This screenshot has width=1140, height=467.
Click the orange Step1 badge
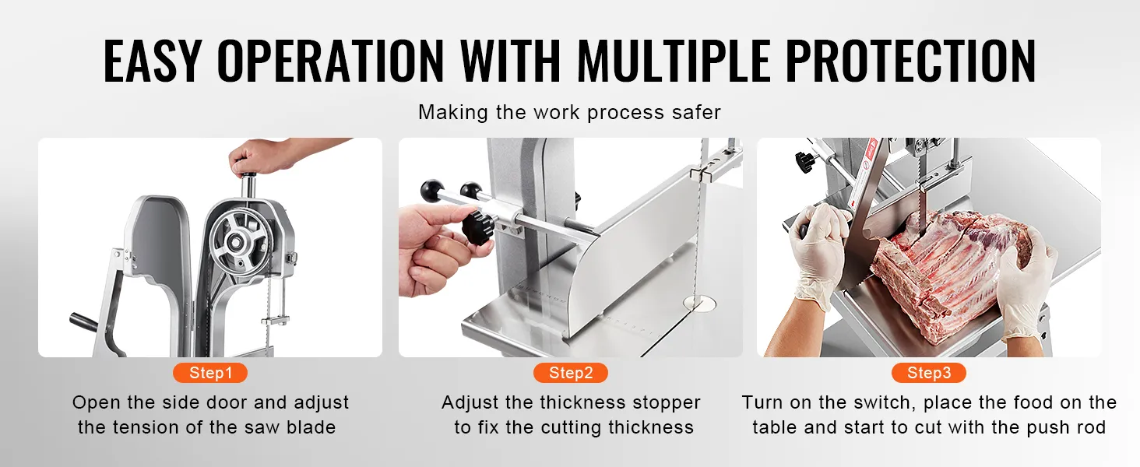(210, 373)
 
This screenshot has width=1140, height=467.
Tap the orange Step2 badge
(571, 373)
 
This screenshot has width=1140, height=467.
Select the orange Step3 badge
(929, 373)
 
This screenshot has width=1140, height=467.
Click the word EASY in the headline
(153, 61)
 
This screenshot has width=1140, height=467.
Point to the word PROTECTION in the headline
(910, 61)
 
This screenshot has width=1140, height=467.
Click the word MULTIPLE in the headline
(674, 61)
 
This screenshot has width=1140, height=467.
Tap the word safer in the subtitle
(695, 112)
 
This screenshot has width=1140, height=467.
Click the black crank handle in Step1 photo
(83, 322)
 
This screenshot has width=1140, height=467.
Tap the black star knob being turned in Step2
(478, 228)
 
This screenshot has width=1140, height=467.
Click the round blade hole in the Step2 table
(699, 304)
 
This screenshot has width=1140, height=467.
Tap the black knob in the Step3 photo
(806, 162)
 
